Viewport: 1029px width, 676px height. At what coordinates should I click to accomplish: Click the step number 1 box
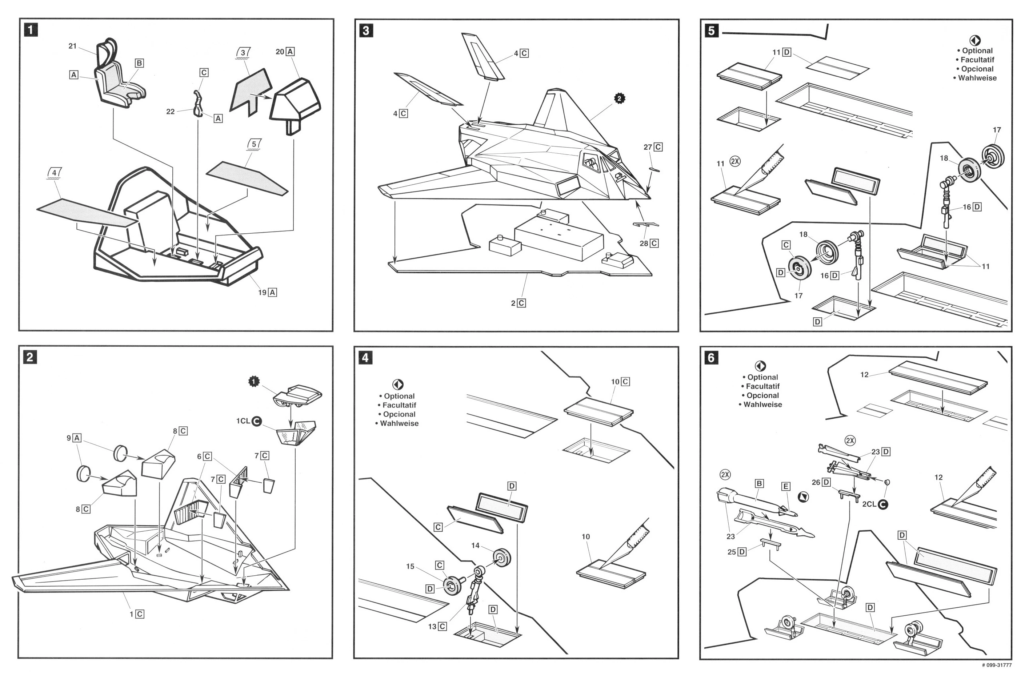(31, 30)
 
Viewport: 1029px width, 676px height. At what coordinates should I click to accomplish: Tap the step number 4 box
(366, 358)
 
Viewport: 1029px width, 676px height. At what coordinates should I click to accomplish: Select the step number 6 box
(712, 358)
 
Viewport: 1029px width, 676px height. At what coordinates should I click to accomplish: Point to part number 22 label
(170, 112)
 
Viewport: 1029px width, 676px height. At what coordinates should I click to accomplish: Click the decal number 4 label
(54, 173)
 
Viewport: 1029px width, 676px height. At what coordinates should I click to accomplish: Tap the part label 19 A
(267, 293)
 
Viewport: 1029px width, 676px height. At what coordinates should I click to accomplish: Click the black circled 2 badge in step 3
(620, 98)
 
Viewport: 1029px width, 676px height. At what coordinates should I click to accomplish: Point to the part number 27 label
(648, 147)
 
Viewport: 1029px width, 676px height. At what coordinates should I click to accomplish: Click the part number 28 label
(644, 244)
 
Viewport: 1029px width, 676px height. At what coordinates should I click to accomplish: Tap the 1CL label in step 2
(243, 421)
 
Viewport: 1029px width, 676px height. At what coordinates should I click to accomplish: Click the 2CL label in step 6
(869, 504)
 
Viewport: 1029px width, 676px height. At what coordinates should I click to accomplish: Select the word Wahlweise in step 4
(399, 423)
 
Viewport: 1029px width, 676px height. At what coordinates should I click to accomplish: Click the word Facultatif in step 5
(977, 60)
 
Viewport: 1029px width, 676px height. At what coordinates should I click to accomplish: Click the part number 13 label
(432, 626)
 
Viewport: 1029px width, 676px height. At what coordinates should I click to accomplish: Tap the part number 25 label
(732, 552)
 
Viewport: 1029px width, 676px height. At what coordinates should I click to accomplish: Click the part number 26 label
(816, 482)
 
